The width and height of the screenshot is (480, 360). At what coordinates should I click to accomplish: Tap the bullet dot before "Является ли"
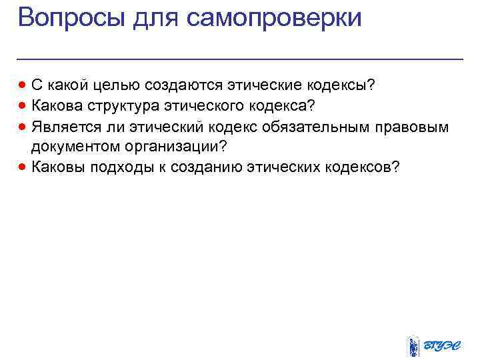(24, 127)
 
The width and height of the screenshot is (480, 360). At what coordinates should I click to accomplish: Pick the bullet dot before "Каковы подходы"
(24, 167)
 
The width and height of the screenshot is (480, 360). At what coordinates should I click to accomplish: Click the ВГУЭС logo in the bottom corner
(433, 345)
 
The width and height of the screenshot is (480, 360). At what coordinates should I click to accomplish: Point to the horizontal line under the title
(240, 59)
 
